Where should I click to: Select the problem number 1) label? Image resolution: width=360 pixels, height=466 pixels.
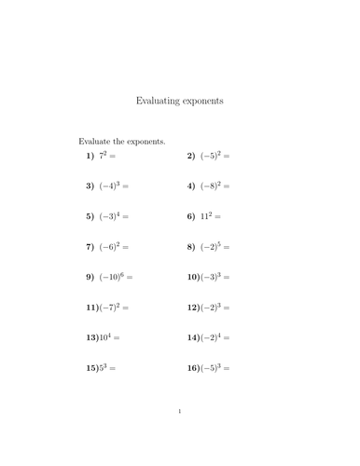90,157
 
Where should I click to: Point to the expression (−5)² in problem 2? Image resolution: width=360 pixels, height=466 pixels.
210,157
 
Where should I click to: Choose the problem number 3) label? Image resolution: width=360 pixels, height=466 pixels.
90,186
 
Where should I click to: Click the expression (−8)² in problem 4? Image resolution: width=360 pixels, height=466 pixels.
210,186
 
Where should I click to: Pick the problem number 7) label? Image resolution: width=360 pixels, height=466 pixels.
90,247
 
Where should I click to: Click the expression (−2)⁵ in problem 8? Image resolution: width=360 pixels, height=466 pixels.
210,247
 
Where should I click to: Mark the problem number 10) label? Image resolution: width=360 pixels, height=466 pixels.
192,277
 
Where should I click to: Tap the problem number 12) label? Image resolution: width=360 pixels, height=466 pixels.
192,307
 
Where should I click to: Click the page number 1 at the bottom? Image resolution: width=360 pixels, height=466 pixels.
179,436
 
